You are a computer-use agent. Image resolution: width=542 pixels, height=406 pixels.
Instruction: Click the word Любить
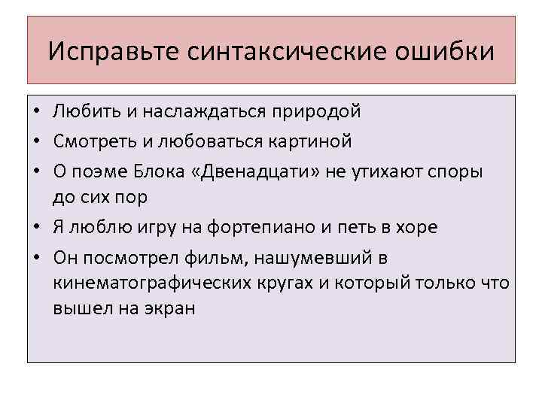pyautogui.click(x=85, y=112)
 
